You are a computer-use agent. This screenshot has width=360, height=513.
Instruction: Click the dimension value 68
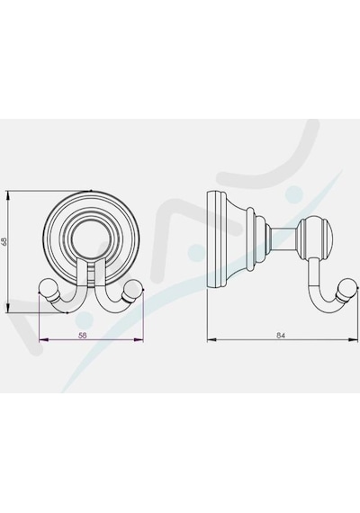tap(4, 242)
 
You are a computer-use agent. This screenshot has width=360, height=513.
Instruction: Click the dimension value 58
tap(83, 336)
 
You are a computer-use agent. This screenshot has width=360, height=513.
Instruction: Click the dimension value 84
tap(281, 336)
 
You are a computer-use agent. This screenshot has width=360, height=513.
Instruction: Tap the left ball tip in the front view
tap(47, 288)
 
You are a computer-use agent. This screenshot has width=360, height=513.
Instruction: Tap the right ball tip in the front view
tap(135, 288)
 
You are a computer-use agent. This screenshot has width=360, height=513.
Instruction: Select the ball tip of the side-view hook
tap(346, 290)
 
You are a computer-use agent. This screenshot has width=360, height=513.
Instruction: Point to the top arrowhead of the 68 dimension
tap(8, 196)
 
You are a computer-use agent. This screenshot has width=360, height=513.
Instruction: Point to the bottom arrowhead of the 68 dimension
tap(8, 308)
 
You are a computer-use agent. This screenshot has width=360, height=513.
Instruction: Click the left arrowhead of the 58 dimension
tap(43, 340)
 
